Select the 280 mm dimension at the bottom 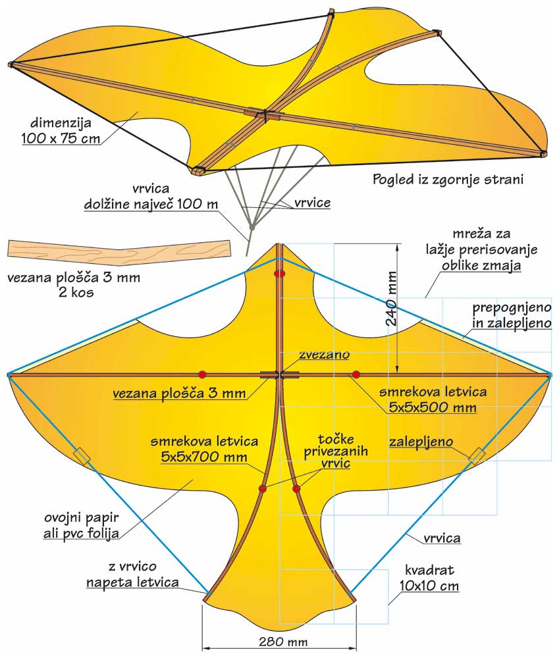[x=279, y=641]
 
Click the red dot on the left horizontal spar [x=203, y=374]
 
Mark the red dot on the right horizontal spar [x=356, y=374]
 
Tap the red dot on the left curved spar [x=263, y=489]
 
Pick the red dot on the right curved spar [x=297, y=489]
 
